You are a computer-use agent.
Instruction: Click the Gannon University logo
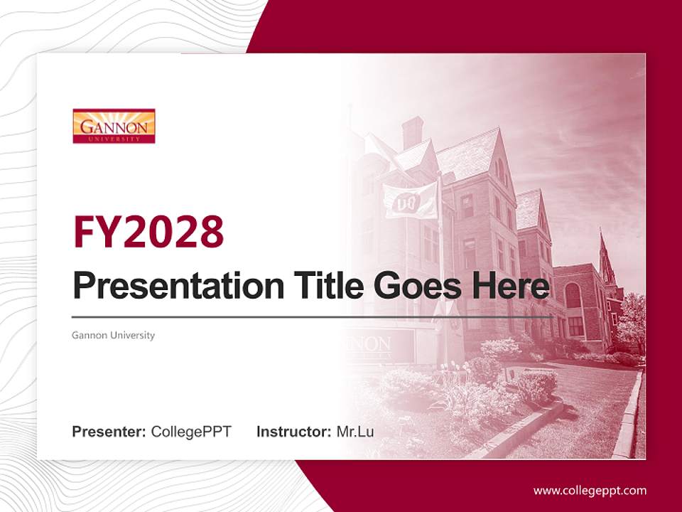pyautogui.click(x=114, y=126)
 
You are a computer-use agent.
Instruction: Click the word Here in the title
pyautogui.click(x=510, y=286)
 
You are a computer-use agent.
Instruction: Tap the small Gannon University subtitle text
pyautogui.click(x=113, y=335)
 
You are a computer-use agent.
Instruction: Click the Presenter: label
pyautogui.click(x=109, y=431)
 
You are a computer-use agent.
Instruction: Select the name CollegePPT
pyautogui.click(x=191, y=431)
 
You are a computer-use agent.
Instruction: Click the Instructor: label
pyautogui.click(x=293, y=431)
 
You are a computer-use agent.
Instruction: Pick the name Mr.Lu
pyautogui.click(x=355, y=431)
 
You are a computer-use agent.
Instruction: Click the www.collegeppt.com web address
pyautogui.click(x=590, y=490)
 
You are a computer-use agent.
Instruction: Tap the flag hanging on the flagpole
pyautogui.click(x=411, y=200)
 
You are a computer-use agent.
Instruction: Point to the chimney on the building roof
pyautogui.click(x=412, y=132)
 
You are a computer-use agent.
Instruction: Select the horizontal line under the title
pyautogui.click(x=313, y=316)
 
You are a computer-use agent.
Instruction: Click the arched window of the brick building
pyautogui.click(x=573, y=295)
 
